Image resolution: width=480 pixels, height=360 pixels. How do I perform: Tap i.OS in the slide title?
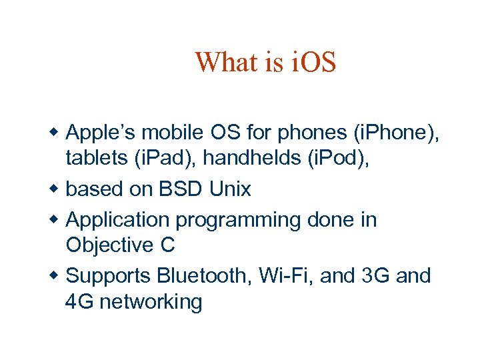tap(314, 63)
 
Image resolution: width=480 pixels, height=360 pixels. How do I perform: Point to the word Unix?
tap(229, 189)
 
